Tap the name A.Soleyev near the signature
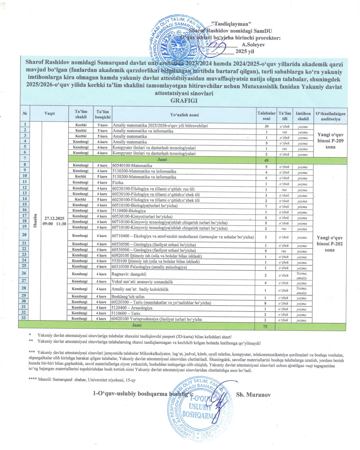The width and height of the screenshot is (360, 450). [253, 45]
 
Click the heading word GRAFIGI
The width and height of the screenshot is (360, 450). [184, 101]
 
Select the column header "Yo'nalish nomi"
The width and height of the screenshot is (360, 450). [184, 115]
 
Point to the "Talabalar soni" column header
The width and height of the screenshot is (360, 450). [266, 116]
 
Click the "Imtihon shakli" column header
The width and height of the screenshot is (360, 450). [303, 116]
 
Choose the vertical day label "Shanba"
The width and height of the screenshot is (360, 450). [35, 221]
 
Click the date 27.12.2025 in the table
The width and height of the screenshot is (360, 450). [54, 218]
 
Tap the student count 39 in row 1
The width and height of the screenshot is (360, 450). [266, 126]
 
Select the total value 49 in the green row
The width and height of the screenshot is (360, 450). [266, 160]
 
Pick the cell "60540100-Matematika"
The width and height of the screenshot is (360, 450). [132, 166]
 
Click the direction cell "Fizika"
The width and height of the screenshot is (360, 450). [118, 183]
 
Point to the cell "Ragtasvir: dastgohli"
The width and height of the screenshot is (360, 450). [129, 274]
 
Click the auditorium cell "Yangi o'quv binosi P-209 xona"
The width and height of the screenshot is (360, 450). [330, 141]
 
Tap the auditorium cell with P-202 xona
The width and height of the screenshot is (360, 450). [330, 244]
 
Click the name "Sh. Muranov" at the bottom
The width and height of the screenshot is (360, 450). [253, 395]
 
